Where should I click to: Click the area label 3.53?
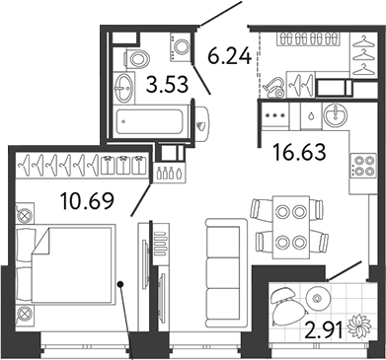pyautogui.click(x=168, y=84)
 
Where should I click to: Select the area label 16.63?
pyautogui.click(x=299, y=152)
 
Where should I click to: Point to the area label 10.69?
pyautogui.click(x=87, y=200)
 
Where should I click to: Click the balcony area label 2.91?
pyautogui.click(x=324, y=329)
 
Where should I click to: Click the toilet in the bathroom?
pyautogui.click(x=137, y=59)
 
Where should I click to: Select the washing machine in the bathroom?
pyautogui.click(x=181, y=46)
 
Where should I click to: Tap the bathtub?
pyautogui.click(x=149, y=121)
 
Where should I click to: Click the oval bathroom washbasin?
pyautogui.click(x=123, y=88)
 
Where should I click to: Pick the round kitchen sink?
pyautogui.click(x=335, y=114)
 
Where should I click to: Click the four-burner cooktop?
pyautogui.click(x=363, y=166)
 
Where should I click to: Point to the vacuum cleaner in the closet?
pyautogui.click(x=273, y=87)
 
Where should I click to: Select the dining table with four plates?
pyautogui.click(x=291, y=227)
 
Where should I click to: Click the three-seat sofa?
pyautogui.click(x=226, y=272)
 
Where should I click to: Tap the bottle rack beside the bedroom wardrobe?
pyautogui.click(x=169, y=172)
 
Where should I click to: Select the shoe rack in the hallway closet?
pyautogui.click(x=305, y=39)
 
